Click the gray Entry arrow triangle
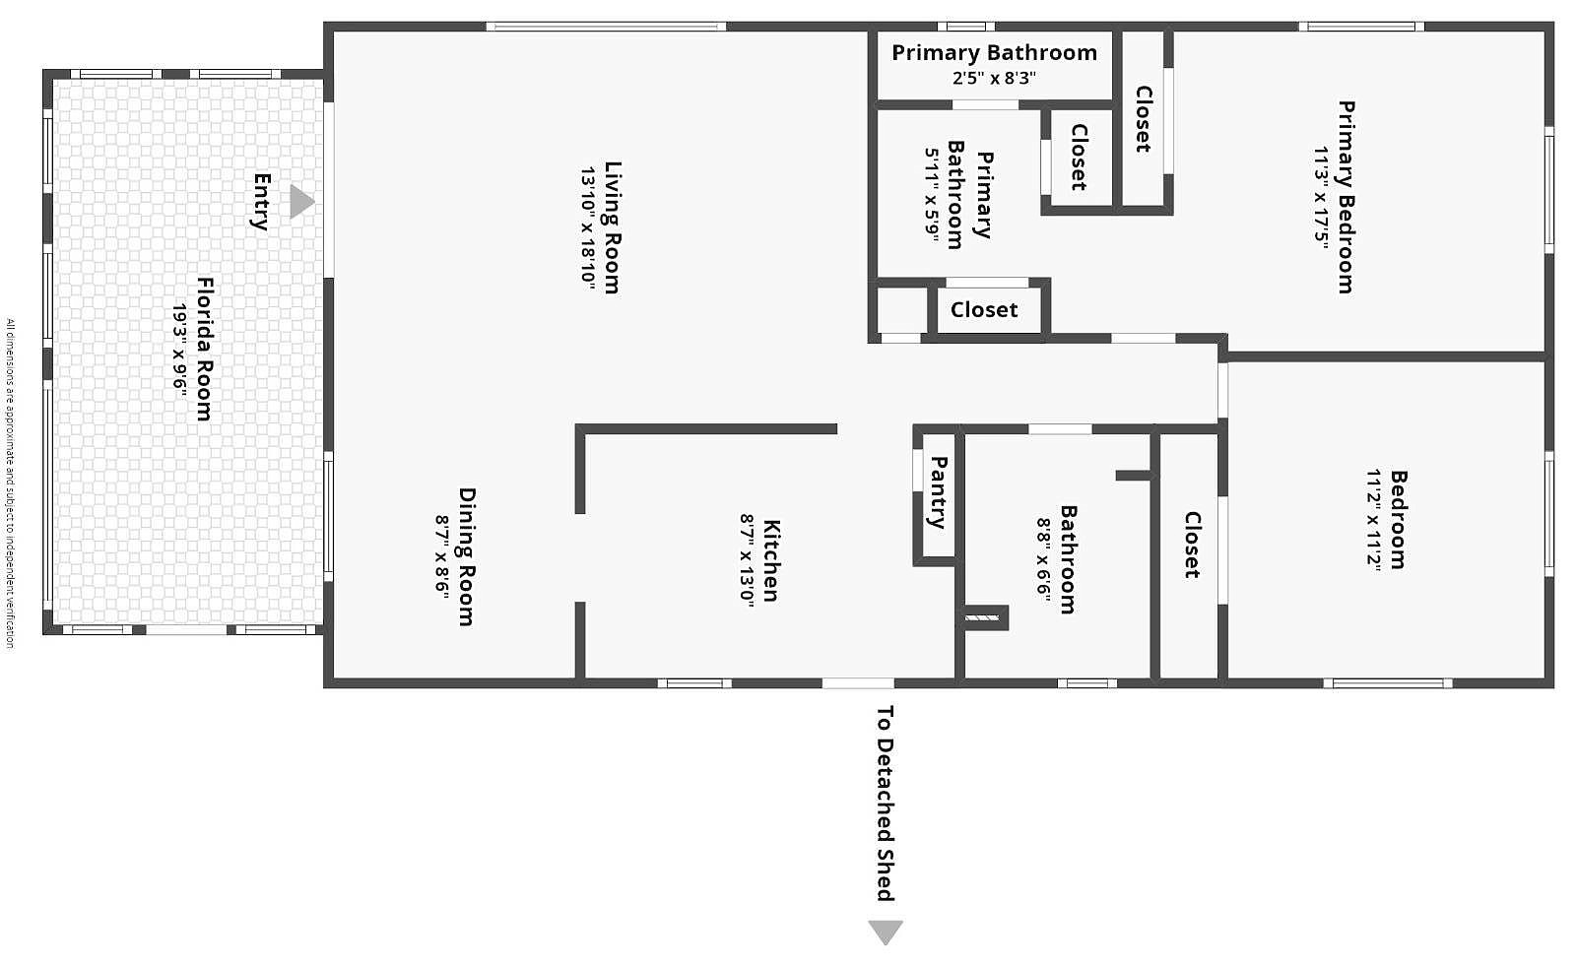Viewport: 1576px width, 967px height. [300, 202]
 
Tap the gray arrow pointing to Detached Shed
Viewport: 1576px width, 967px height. [885, 931]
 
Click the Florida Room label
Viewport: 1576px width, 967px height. [204, 349]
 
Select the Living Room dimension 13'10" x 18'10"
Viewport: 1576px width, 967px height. [588, 227]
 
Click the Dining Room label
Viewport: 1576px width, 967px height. [467, 556]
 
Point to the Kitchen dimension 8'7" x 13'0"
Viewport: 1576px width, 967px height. [748, 560]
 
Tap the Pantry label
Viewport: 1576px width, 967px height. [939, 492]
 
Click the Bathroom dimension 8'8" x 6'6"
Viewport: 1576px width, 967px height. [1044, 559]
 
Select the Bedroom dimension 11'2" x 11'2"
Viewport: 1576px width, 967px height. [1374, 519]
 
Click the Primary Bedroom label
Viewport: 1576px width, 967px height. [1346, 197]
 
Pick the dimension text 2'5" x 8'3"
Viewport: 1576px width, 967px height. [994, 79]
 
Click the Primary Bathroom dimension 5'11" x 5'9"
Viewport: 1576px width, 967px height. [932, 194]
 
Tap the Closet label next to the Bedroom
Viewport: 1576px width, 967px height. [1192, 545]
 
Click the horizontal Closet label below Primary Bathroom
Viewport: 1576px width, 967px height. [984, 310]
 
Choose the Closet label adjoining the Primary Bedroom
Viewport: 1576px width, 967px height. [1143, 119]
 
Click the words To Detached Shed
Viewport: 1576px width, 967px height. [885, 803]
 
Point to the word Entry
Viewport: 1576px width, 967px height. [261, 202]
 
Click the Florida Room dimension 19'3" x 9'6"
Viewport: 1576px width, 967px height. [180, 349]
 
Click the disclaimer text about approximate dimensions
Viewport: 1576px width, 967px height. [10, 483]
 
